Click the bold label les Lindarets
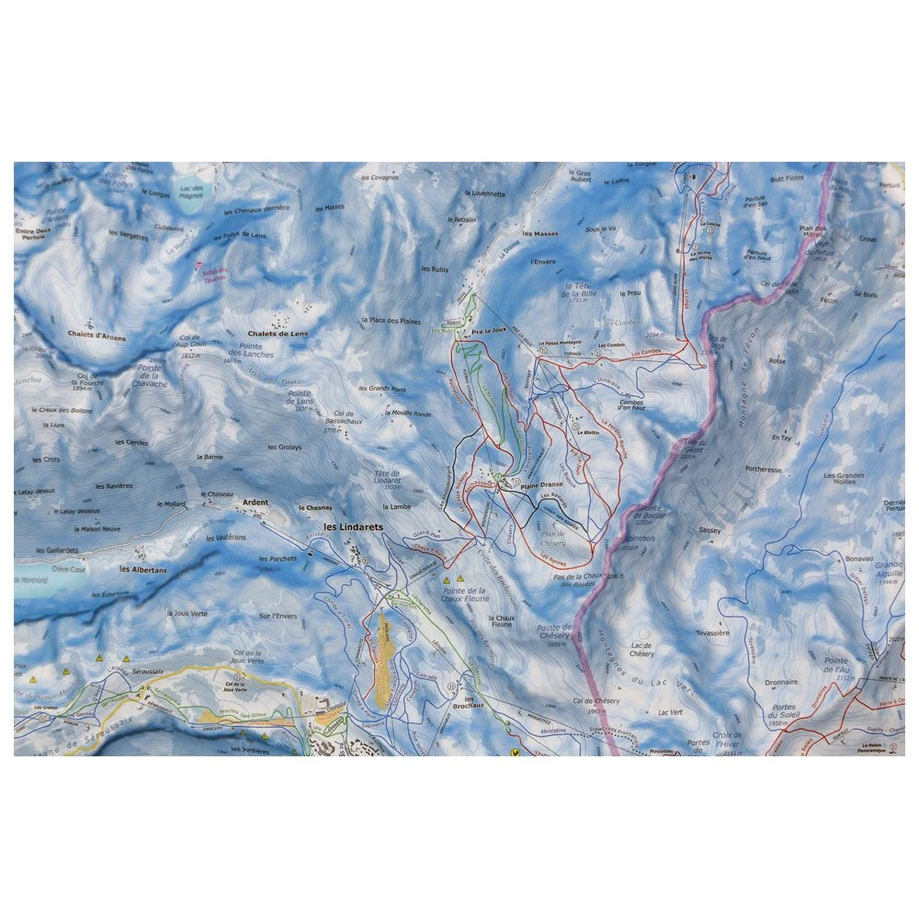354,528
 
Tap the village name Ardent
255,503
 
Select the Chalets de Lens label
277,334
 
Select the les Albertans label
143,570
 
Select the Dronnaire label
779,683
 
